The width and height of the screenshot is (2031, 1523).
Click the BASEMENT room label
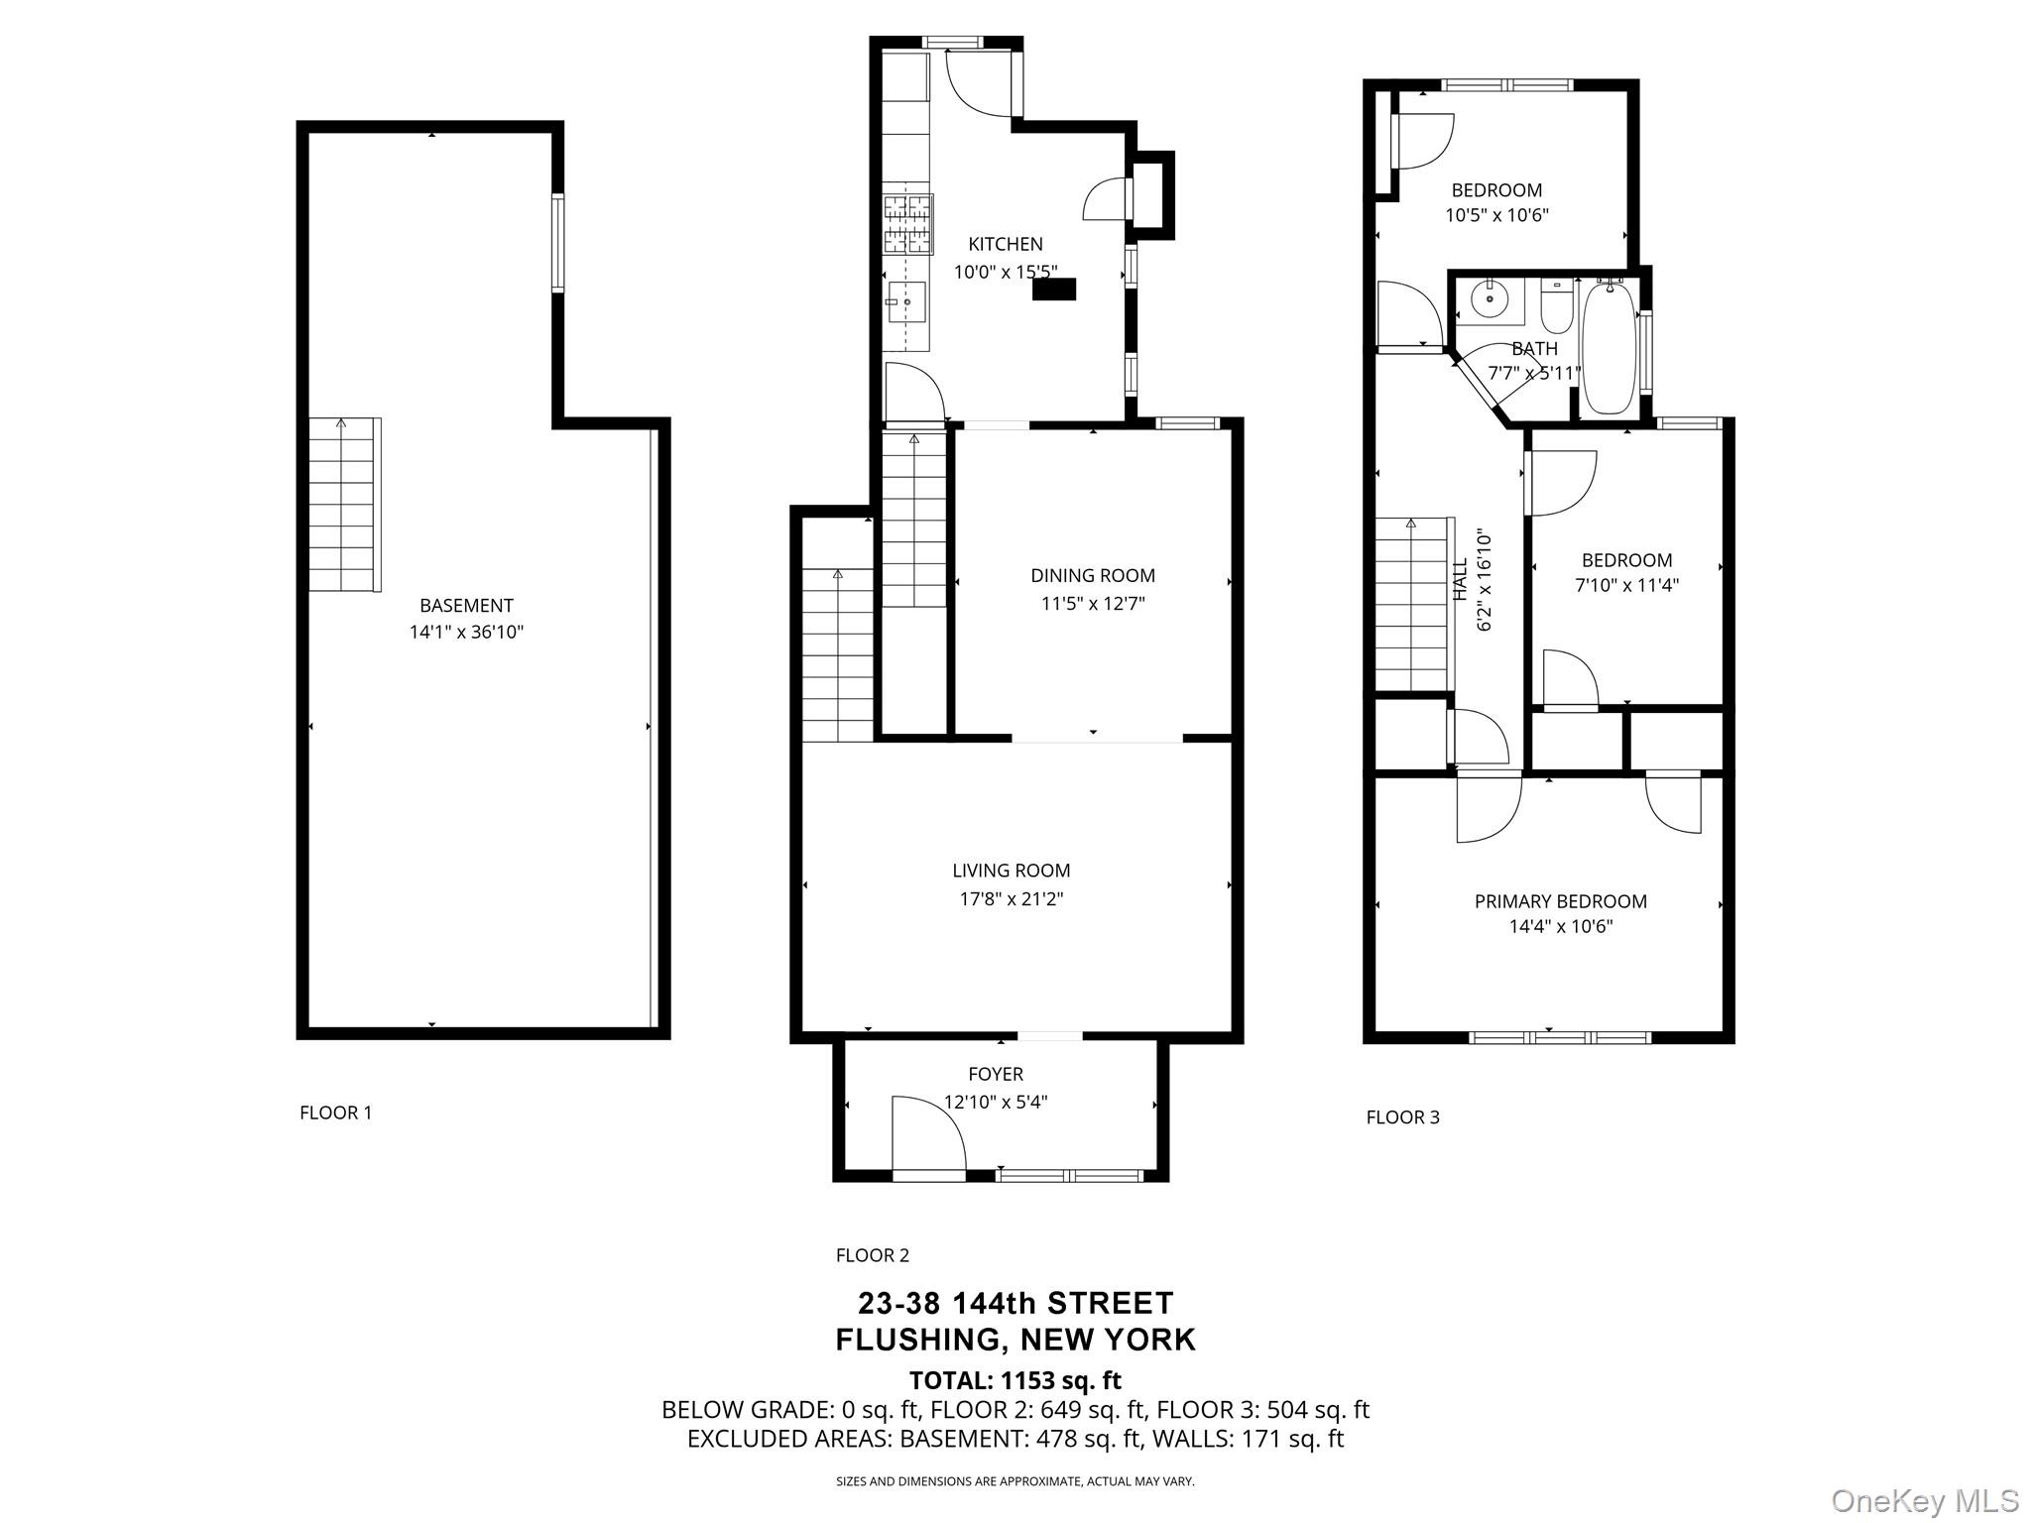466,606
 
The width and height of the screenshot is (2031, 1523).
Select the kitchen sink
906,299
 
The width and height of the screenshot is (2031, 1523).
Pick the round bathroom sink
1490,298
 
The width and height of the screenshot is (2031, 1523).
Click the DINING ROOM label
1093,575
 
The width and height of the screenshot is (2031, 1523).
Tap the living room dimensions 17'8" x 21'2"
1012,899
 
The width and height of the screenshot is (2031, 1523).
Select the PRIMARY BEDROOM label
1561,901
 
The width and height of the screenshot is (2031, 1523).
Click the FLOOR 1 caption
336,1113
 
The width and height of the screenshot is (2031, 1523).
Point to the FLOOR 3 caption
1403,1117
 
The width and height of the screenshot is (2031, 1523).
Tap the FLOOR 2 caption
873,1255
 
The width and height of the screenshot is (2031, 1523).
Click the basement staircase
343,505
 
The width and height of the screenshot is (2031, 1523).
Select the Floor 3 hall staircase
1412,605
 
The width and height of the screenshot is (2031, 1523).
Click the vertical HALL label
1460,580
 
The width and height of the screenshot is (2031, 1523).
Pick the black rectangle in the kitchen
1054,289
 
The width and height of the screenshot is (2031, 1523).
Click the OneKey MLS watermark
1925,1500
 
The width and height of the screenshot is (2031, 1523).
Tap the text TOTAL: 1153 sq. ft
1015,1380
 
